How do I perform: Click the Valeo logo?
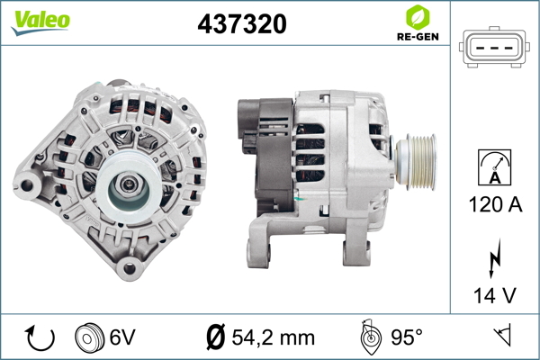click(40, 22)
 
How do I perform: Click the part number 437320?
click(242, 23)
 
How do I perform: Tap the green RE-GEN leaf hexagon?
click(418, 17)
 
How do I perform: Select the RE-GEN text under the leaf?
click(418, 37)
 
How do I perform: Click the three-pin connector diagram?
click(494, 47)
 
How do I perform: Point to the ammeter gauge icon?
click(494, 167)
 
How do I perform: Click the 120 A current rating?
click(495, 204)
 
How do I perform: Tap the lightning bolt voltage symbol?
click(495, 257)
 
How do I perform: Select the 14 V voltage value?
click(495, 295)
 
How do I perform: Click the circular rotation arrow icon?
click(40, 337)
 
